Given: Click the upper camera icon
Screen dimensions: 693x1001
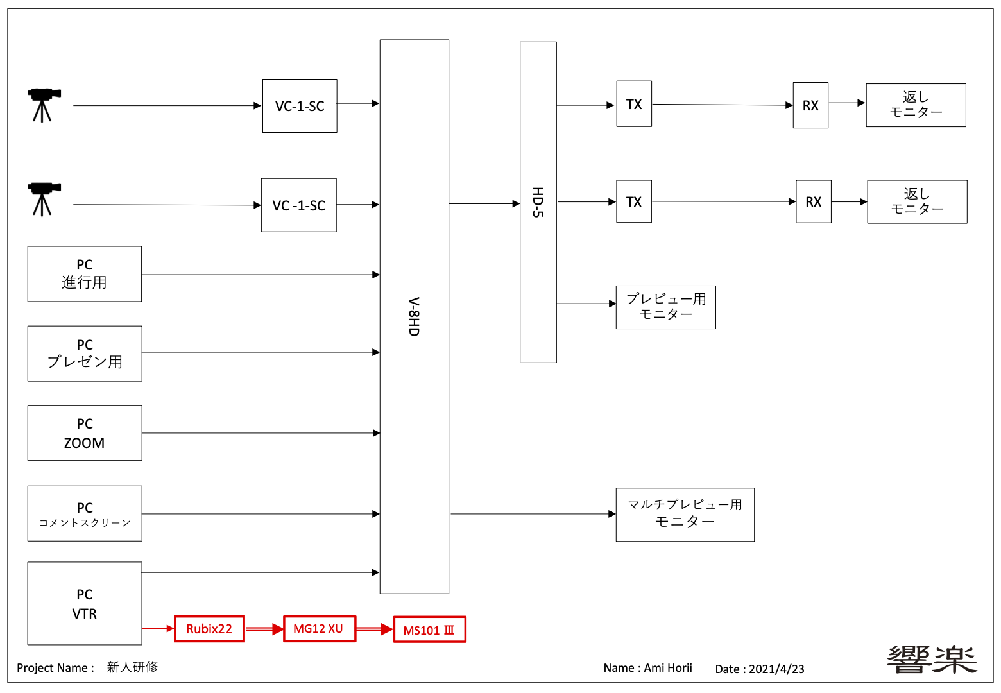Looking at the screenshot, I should [x=43, y=104].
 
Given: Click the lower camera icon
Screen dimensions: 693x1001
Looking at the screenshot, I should [x=43, y=198].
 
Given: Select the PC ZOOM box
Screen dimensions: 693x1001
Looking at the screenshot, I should [x=85, y=433].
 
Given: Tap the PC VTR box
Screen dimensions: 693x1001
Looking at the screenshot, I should [x=85, y=604].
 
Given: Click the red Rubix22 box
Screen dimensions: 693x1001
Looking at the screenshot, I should [x=209, y=629].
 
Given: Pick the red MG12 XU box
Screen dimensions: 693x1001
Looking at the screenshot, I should [x=319, y=629].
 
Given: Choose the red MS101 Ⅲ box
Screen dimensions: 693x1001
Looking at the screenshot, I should [x=429, y=629].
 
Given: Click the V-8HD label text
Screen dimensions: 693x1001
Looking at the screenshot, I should [x=414, y=317].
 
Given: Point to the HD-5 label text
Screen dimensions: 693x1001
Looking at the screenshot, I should [x=538, y=202].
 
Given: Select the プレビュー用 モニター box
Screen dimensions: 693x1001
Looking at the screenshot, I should [x=665, y=307].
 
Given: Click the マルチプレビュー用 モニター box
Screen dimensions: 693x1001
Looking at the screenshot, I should [x=685, y=515].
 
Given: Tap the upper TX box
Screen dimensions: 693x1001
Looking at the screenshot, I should [x=634, y=104].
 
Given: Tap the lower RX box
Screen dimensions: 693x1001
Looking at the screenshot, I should [x=813, y=201].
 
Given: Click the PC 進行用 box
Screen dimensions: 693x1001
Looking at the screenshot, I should [x=85, y=274].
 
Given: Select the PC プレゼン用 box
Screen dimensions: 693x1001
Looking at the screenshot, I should [x=85, y=354].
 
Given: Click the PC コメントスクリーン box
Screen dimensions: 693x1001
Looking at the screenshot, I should [x=85, y=514].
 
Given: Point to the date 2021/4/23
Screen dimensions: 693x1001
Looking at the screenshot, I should [x=776, y=669].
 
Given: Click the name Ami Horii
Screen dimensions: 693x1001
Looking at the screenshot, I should [x=668, y=668].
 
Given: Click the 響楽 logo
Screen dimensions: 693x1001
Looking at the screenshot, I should [x=932, y=660].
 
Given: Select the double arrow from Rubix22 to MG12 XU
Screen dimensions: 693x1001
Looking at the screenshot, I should [x=264, y=629].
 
